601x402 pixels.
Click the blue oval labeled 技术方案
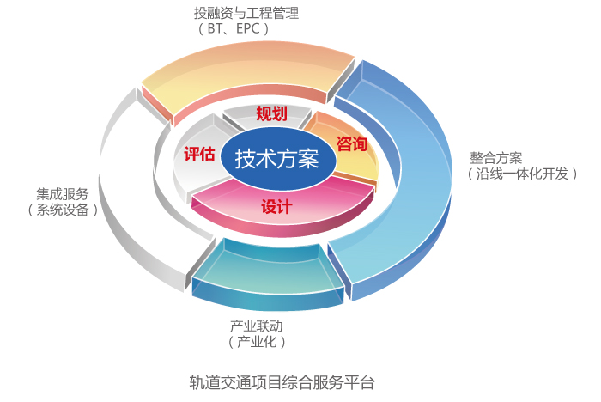[x=276, y=159]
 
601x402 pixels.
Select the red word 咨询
[x=352, y=143]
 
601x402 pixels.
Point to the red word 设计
[x=276, y=207]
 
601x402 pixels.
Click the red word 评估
[x=199, y=154]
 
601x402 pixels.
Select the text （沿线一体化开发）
[x=522, y=174]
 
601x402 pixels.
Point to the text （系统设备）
[x=62, y=209]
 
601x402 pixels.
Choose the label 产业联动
[x=256, y=326]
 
